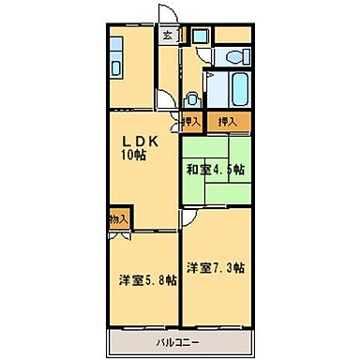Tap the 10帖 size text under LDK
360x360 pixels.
132,156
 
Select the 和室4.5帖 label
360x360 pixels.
215,170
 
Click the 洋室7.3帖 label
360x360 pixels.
216,268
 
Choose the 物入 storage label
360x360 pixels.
117,219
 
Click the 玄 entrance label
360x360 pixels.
167,36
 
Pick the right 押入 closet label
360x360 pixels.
228,121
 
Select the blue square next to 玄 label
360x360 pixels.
199,36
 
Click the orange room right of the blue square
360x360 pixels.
232,37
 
